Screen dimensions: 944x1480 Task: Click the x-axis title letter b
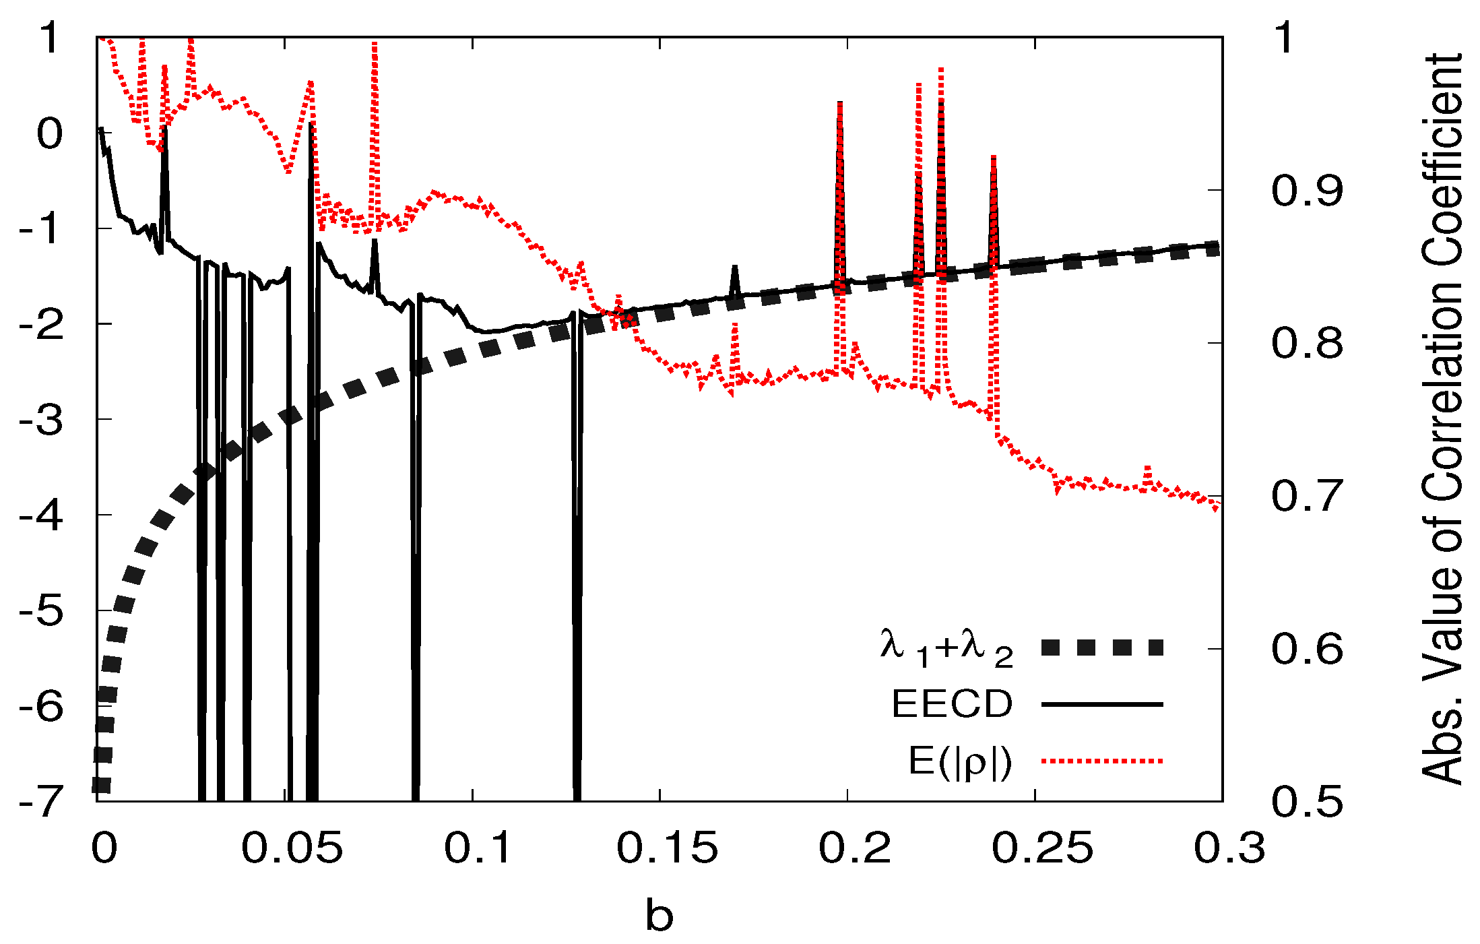(659, 916)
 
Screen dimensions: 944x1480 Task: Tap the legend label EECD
(952, 704)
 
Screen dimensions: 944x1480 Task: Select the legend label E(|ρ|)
(960, 761)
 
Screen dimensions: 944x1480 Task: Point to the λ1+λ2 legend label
(946, 648)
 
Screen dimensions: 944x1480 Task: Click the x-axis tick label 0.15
(667, 848)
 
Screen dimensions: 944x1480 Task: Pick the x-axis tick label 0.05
(292, 848)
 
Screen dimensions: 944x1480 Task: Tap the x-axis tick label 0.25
(1041, 848)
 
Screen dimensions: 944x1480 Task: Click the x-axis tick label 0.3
(1229, 848)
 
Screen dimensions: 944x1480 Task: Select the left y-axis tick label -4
(42, 515)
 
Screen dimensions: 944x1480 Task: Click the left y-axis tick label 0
(50, 133)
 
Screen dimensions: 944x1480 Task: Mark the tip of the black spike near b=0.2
(840, 103)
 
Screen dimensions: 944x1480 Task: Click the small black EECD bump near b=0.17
(735, 268)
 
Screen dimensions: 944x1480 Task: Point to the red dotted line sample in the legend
(1102, 761)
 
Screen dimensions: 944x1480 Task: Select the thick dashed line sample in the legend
(1102, 648)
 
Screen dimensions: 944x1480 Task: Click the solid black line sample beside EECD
(1102, 704)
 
